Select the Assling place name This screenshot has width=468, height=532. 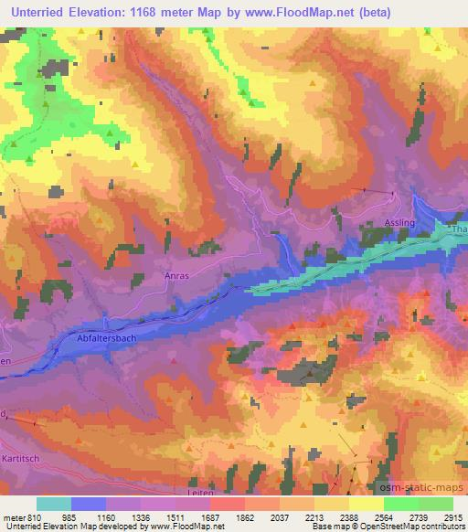tap(399, 222)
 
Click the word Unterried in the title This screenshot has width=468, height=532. tap(35, 11)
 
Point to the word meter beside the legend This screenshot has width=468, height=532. tap(13, 516)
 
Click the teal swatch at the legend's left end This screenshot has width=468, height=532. tap(54, 503)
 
